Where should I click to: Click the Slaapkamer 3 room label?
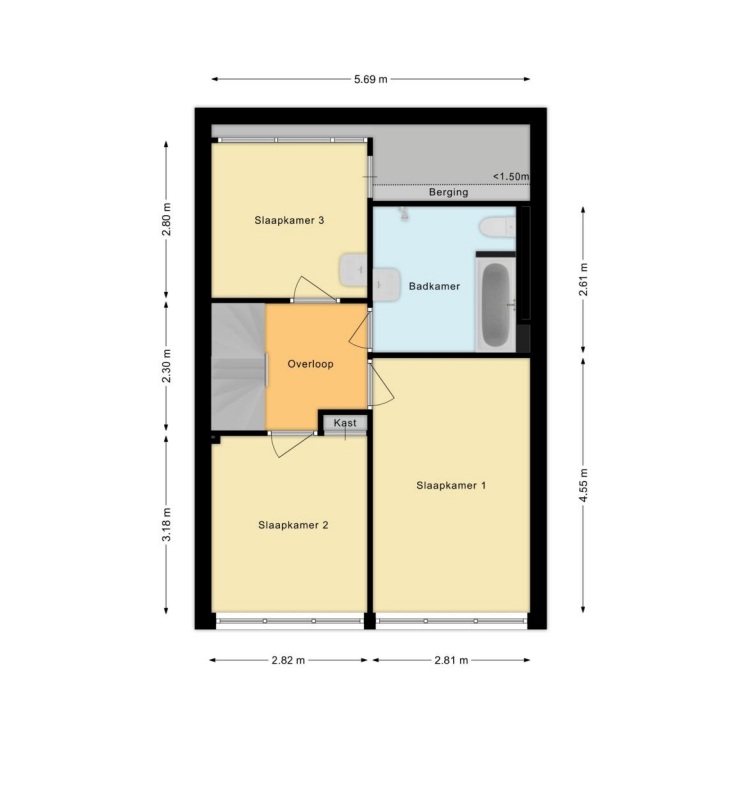(x=289, y=220)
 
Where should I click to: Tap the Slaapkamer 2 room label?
(x=293, y=525)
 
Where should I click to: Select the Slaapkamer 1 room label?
(x=451, y=485)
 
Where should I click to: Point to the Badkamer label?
(x=434, y=286)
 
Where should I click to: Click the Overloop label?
(x=310, y=364)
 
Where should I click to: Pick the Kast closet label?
(x=345, y=423)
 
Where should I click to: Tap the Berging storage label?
(x=449, y=192)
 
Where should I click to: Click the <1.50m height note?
(x=511, y=177)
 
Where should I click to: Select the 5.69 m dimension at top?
(x=371, y=79)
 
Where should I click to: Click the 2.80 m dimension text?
(x=166, y=219)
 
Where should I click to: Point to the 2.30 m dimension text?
(x=166, y=366)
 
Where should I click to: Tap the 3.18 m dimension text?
(x=166, y=524)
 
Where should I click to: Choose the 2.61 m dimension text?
(x=583, y=279)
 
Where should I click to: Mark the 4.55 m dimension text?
(x=583, y=485)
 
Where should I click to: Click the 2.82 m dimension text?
(x=288, y=660)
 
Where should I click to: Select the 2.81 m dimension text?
(x=451, y=660)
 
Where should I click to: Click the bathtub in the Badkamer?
(x=495, y=305)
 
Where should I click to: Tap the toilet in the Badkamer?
(x=497, y=227)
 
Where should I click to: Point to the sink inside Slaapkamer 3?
(x=353, y=269)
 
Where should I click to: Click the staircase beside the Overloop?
(x=238, y=366)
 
